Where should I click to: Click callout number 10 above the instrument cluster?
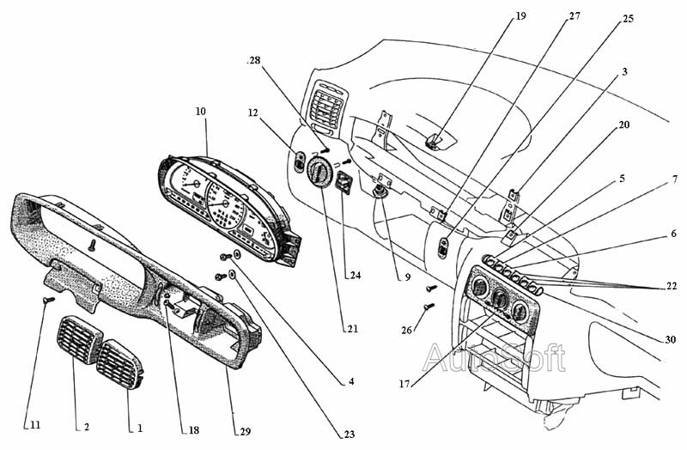tap(200, 112)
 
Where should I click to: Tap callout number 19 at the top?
tap(520, 16)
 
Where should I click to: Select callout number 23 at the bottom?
tap(349, 435)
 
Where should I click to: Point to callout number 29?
tap(246, 432)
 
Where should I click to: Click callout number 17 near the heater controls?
tap(404, 384)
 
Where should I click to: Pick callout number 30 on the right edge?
tap(671, 339)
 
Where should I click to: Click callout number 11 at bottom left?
tap(35, 425)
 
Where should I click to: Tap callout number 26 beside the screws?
tap(406, 330)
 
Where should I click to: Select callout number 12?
tap(252, 113)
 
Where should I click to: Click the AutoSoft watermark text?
tap(495, 357)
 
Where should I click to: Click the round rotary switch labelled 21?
tap(319, 173)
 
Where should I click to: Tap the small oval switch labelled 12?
tap(298, 161)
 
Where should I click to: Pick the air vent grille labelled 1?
tap(119, 364)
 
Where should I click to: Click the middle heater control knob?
tap(500, 298)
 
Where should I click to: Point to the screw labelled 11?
tap(49, 300)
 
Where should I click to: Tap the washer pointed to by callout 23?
tap(233, 275)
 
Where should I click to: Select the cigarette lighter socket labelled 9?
tap(378, 192)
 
